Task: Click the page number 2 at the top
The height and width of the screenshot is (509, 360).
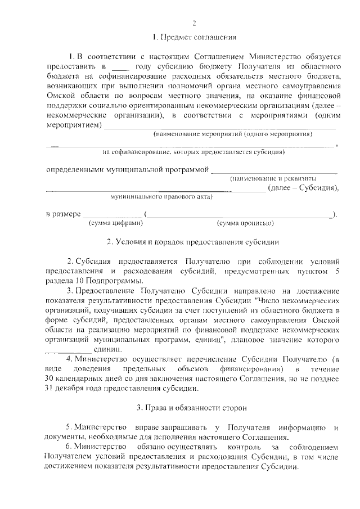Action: click(x=193, y=23)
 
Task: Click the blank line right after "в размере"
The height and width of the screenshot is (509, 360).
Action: click(x=112, y=214)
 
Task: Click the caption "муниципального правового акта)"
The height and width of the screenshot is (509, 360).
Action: click(x=160, y=197)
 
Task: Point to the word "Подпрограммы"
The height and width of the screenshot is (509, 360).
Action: click(x=116, y=281)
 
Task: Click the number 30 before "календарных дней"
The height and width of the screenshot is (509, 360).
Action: click(x=51, y=379)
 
